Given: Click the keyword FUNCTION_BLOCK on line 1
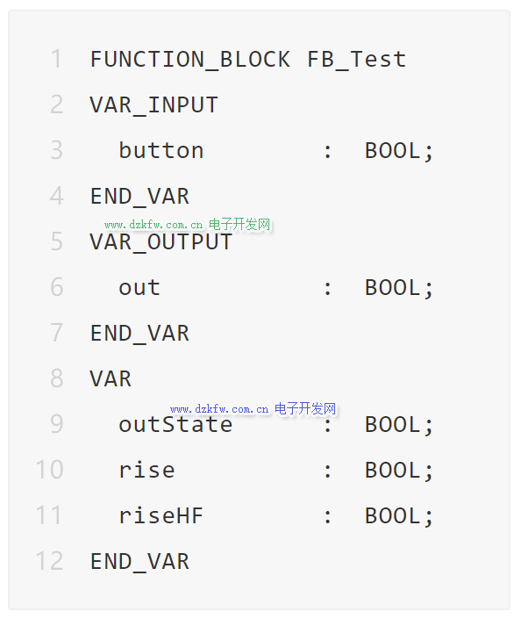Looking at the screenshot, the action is (190, 60).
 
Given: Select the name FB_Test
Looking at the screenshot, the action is (357, 60).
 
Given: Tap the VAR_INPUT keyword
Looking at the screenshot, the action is (154, 105).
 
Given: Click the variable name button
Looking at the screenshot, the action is (161, 150).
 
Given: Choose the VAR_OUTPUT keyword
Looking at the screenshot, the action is (161, 242).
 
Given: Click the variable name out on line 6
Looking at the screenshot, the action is (139, 288).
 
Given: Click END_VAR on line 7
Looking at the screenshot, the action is (139, 334).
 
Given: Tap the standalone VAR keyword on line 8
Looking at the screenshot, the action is (111, 379).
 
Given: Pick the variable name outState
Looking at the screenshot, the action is (175, 424).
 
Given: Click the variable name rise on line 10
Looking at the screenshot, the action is (146, 470).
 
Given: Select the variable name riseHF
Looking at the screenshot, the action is (161, 515).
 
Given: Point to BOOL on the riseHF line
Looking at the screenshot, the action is (399, 516).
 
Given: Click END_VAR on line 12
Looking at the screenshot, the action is (139, 561).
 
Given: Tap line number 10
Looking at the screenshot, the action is (49, 470).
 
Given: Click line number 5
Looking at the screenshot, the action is (57, 241).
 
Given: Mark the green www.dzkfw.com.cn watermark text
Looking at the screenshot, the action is (153, 225).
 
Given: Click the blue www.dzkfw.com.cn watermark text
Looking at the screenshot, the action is (219, 410).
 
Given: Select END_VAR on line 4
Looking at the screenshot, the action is (139, 197).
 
